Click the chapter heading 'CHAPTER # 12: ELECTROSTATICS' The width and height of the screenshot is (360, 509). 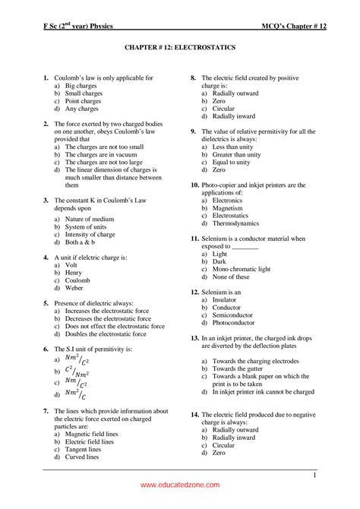click(180, 47)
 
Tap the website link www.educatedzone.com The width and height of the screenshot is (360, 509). click(179, 485)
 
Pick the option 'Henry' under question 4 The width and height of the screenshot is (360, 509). click(75, 273)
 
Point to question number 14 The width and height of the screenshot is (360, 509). click(195, 415)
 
